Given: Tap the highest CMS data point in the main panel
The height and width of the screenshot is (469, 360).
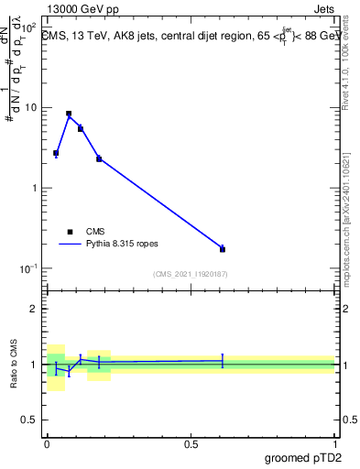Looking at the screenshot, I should (x=69, y=114).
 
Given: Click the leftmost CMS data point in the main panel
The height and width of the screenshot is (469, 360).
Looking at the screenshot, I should (x=56, y=153).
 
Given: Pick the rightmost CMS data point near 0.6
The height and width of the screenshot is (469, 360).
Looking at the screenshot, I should (x=223, y=249).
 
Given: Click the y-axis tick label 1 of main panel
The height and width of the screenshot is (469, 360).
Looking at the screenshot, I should (x=34, y=188).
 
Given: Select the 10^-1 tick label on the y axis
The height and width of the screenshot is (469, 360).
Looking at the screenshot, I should (x=28, y=267).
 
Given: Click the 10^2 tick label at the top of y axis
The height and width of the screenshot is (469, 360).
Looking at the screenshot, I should (x=28, y=28).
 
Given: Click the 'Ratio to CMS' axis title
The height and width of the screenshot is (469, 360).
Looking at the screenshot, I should (x=13, y=365).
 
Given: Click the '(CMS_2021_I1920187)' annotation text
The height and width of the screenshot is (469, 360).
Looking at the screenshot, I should (x=190, y=274).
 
